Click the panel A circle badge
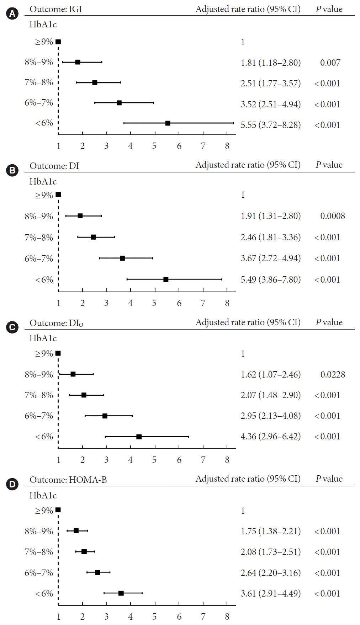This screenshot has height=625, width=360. (12, 14)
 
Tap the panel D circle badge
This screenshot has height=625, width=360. (12, 484)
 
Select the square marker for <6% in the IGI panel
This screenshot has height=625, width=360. (168, 123)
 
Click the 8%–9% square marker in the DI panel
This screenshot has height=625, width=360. (80, 216)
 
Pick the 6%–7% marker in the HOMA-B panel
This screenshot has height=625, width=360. (97, 572)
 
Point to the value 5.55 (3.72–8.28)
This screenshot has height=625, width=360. (270, 125)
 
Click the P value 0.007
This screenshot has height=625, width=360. (330, 63)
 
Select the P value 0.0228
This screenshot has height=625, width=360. (333, 374)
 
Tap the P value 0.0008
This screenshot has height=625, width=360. (333, 216)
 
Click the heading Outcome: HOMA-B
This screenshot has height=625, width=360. (68, 480)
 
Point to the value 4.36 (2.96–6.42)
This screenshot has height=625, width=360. (270, 436)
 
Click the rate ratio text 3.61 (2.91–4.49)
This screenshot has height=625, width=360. (270, 593)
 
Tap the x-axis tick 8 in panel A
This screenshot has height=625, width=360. (227, 146)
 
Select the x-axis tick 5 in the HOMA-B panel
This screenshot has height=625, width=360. (154, 616)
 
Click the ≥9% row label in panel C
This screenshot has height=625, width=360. (44, 353)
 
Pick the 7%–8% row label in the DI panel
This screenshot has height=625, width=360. (39, 237)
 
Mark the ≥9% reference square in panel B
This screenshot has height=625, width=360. (58, 195)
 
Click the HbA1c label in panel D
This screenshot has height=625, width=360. (43, 495)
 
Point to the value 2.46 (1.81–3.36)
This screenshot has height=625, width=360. (270, 237)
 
